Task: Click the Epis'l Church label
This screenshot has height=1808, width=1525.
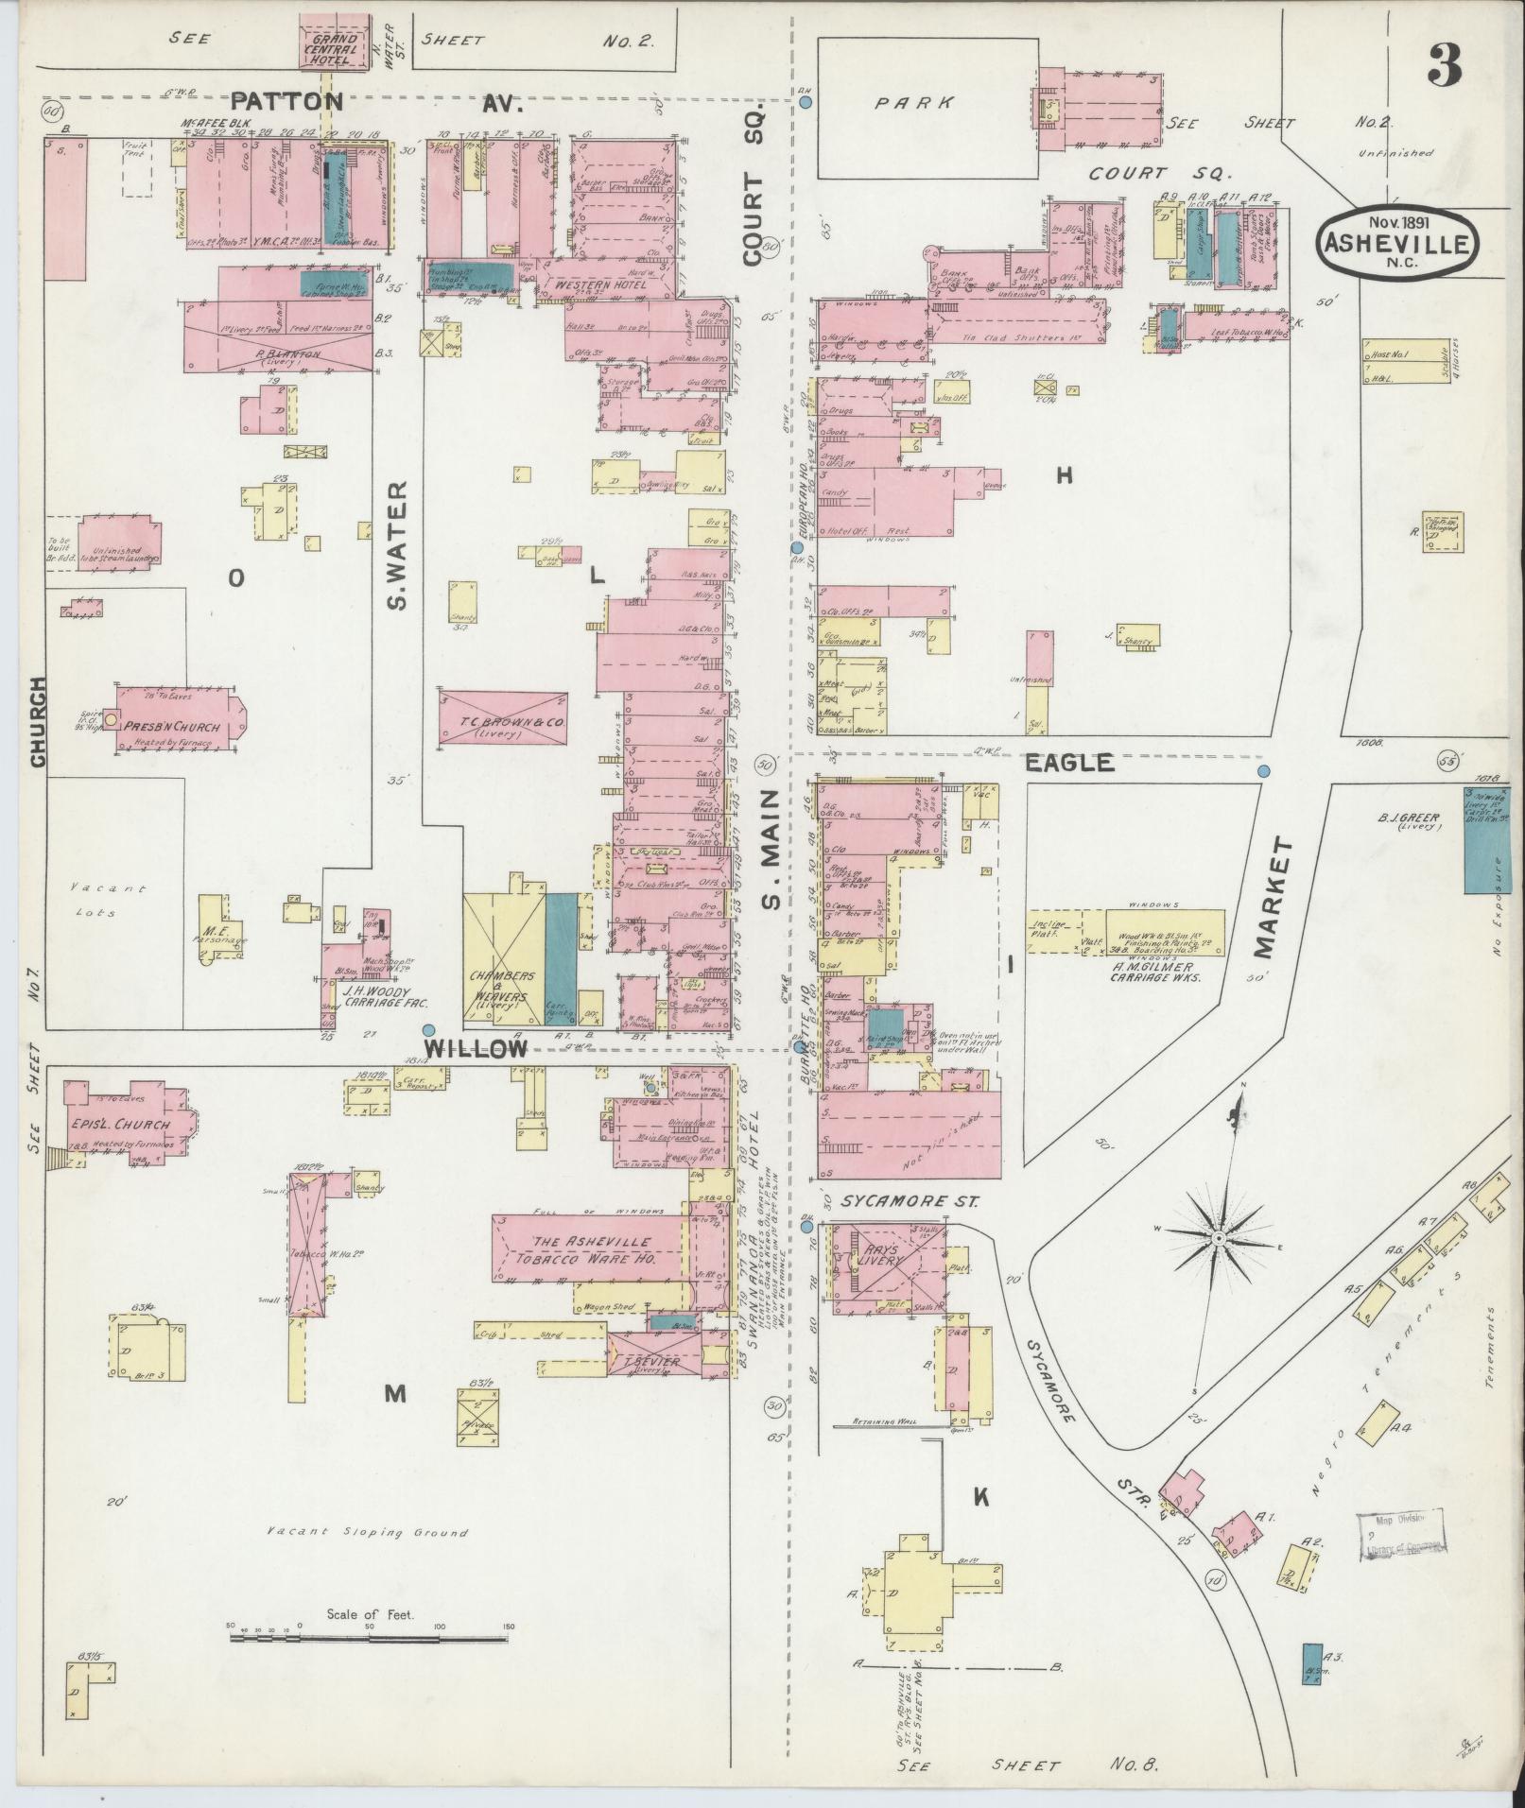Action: (120, 1124)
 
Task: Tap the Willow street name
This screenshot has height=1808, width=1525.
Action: (475, 1048)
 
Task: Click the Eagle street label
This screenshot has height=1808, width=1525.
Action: (1069, 763)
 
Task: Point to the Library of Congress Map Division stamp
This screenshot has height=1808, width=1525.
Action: (1402, 1538)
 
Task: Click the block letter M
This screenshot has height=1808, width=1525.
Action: (395, 1392)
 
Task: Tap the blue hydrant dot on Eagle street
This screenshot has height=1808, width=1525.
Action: (1263, 771)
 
